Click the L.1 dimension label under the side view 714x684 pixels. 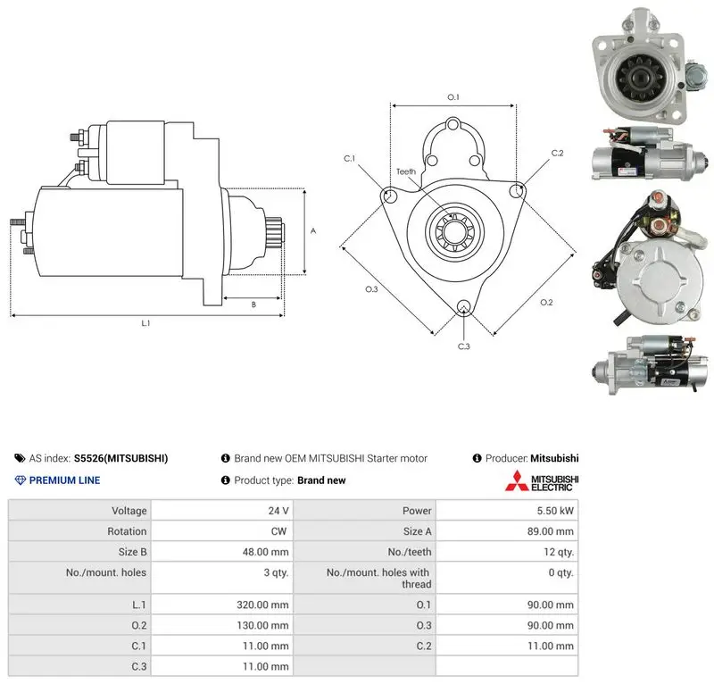click(145, 323)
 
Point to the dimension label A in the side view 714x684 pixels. click(313, 231)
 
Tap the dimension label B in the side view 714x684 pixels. click(253, 304)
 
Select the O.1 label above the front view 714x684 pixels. click(453, 97)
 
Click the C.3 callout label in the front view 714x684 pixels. click(463, 346)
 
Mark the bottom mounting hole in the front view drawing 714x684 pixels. click(463, 306)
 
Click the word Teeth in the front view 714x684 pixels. click(406, 171)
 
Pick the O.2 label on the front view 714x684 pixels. click(546, 302)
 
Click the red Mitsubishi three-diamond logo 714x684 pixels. click(517, 480)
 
